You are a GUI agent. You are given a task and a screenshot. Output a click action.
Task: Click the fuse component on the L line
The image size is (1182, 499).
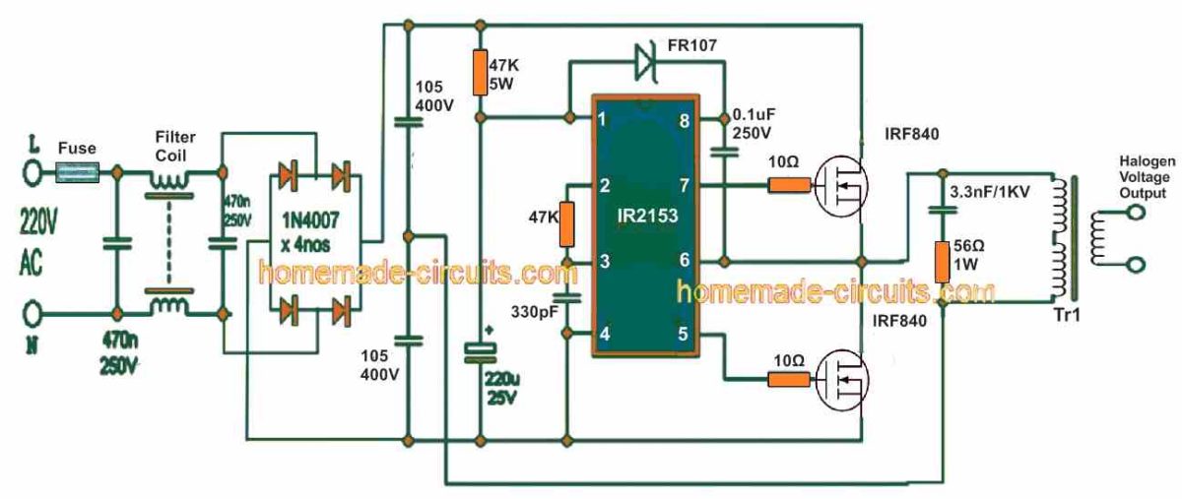77,173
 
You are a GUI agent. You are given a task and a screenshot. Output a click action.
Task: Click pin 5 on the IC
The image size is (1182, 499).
681,334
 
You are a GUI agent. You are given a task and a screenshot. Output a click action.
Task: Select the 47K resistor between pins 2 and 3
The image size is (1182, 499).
567,224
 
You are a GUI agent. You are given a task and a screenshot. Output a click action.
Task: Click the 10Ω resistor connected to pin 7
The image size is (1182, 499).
786,184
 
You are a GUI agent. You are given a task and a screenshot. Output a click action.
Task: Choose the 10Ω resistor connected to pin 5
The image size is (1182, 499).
786,379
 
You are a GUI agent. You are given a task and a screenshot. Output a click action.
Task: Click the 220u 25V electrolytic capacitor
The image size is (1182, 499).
479,354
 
